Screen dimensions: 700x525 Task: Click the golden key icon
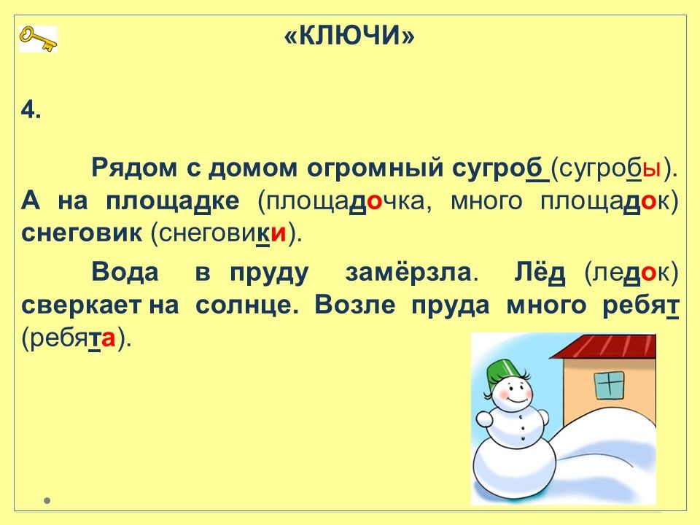point(38,39)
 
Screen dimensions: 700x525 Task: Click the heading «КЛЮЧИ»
point(349,35)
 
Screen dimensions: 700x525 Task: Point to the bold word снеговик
point(81,232)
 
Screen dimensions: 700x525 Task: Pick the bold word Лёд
point(540,272)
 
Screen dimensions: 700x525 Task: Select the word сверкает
point(81,306)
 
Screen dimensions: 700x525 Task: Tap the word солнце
point(246,306)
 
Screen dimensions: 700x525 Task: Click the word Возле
point(355,305)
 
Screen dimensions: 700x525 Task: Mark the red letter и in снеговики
point(278,233)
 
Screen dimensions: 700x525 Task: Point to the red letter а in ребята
point(108,338)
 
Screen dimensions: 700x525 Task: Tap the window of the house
point(609,386)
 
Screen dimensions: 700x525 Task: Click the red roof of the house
point(604,346)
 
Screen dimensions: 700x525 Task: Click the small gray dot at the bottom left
point(47,500)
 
